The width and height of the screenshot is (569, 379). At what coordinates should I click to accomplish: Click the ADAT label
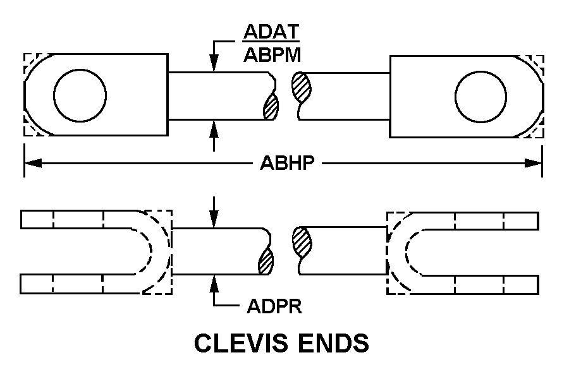[271, 32]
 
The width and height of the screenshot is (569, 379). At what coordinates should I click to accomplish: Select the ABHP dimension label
[288, 164]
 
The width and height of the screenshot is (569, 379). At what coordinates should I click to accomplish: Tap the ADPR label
[274, 307]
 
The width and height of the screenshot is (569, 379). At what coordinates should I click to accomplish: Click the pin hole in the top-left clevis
[80, 96]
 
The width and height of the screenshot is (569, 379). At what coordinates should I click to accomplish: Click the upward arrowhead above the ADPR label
[214, 283]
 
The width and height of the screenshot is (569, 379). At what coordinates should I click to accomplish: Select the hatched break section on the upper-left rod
[271, 106]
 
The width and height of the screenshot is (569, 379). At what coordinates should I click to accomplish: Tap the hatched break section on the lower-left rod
[266, 261]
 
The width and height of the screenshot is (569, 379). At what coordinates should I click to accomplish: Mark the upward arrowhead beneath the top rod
[214, 128]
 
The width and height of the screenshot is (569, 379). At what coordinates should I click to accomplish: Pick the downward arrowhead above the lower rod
[214, 219]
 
